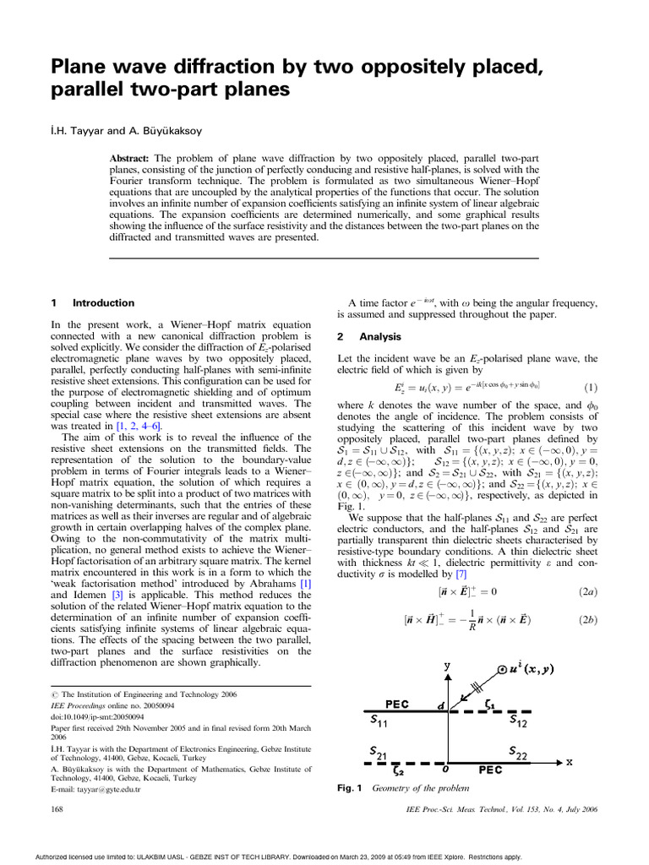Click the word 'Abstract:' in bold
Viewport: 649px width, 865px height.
134,159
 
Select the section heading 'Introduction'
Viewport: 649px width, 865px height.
103,302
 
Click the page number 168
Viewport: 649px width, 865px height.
59,809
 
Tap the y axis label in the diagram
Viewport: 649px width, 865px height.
447,667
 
